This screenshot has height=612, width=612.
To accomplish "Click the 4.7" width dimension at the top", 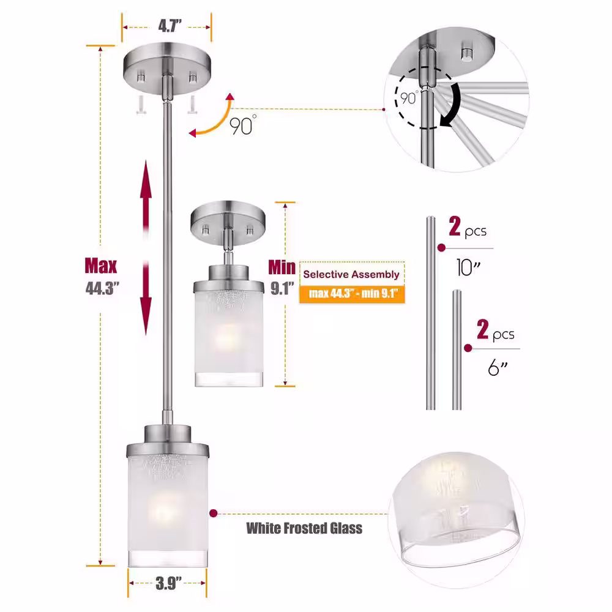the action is coord(170,26).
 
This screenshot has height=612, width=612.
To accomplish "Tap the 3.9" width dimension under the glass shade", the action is coord(168,583).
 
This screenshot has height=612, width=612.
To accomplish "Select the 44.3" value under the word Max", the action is coord(102,288).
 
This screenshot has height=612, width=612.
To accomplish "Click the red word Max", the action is coord(101,266).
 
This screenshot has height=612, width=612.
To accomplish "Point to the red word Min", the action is coord(282,267).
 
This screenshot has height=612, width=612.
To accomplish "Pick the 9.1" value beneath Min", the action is coord(282,288).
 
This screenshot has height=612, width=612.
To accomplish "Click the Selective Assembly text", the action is coord(351,274).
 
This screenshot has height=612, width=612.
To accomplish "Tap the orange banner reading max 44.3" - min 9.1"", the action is coord(352,294).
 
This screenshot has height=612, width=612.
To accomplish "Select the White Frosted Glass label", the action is coord(304,528).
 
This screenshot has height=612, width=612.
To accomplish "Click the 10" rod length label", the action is coord(468,268).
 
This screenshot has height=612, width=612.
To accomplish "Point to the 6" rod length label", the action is coord(498,368).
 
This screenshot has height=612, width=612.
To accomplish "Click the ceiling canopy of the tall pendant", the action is coord(167,68).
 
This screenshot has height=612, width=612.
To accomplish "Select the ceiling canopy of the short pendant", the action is coord(228,223).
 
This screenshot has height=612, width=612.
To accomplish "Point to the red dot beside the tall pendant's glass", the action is coord(213,513).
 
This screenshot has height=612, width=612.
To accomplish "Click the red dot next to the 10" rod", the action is coord(441,248).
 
